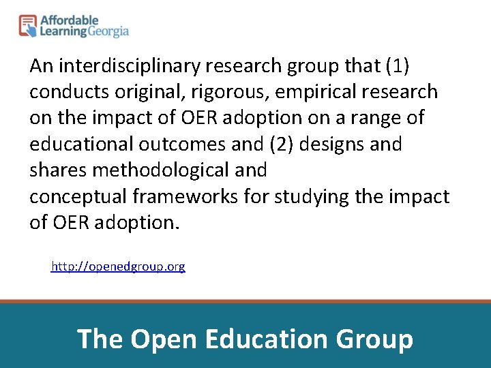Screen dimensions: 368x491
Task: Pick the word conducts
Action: [63, 92]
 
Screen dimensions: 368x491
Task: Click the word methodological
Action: [162, 170]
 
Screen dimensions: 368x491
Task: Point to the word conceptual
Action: [78, 197]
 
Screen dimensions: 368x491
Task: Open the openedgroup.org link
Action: [118, 266]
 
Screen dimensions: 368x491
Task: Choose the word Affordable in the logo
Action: [70, 21]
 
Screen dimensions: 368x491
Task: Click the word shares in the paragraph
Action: [57, 170]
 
